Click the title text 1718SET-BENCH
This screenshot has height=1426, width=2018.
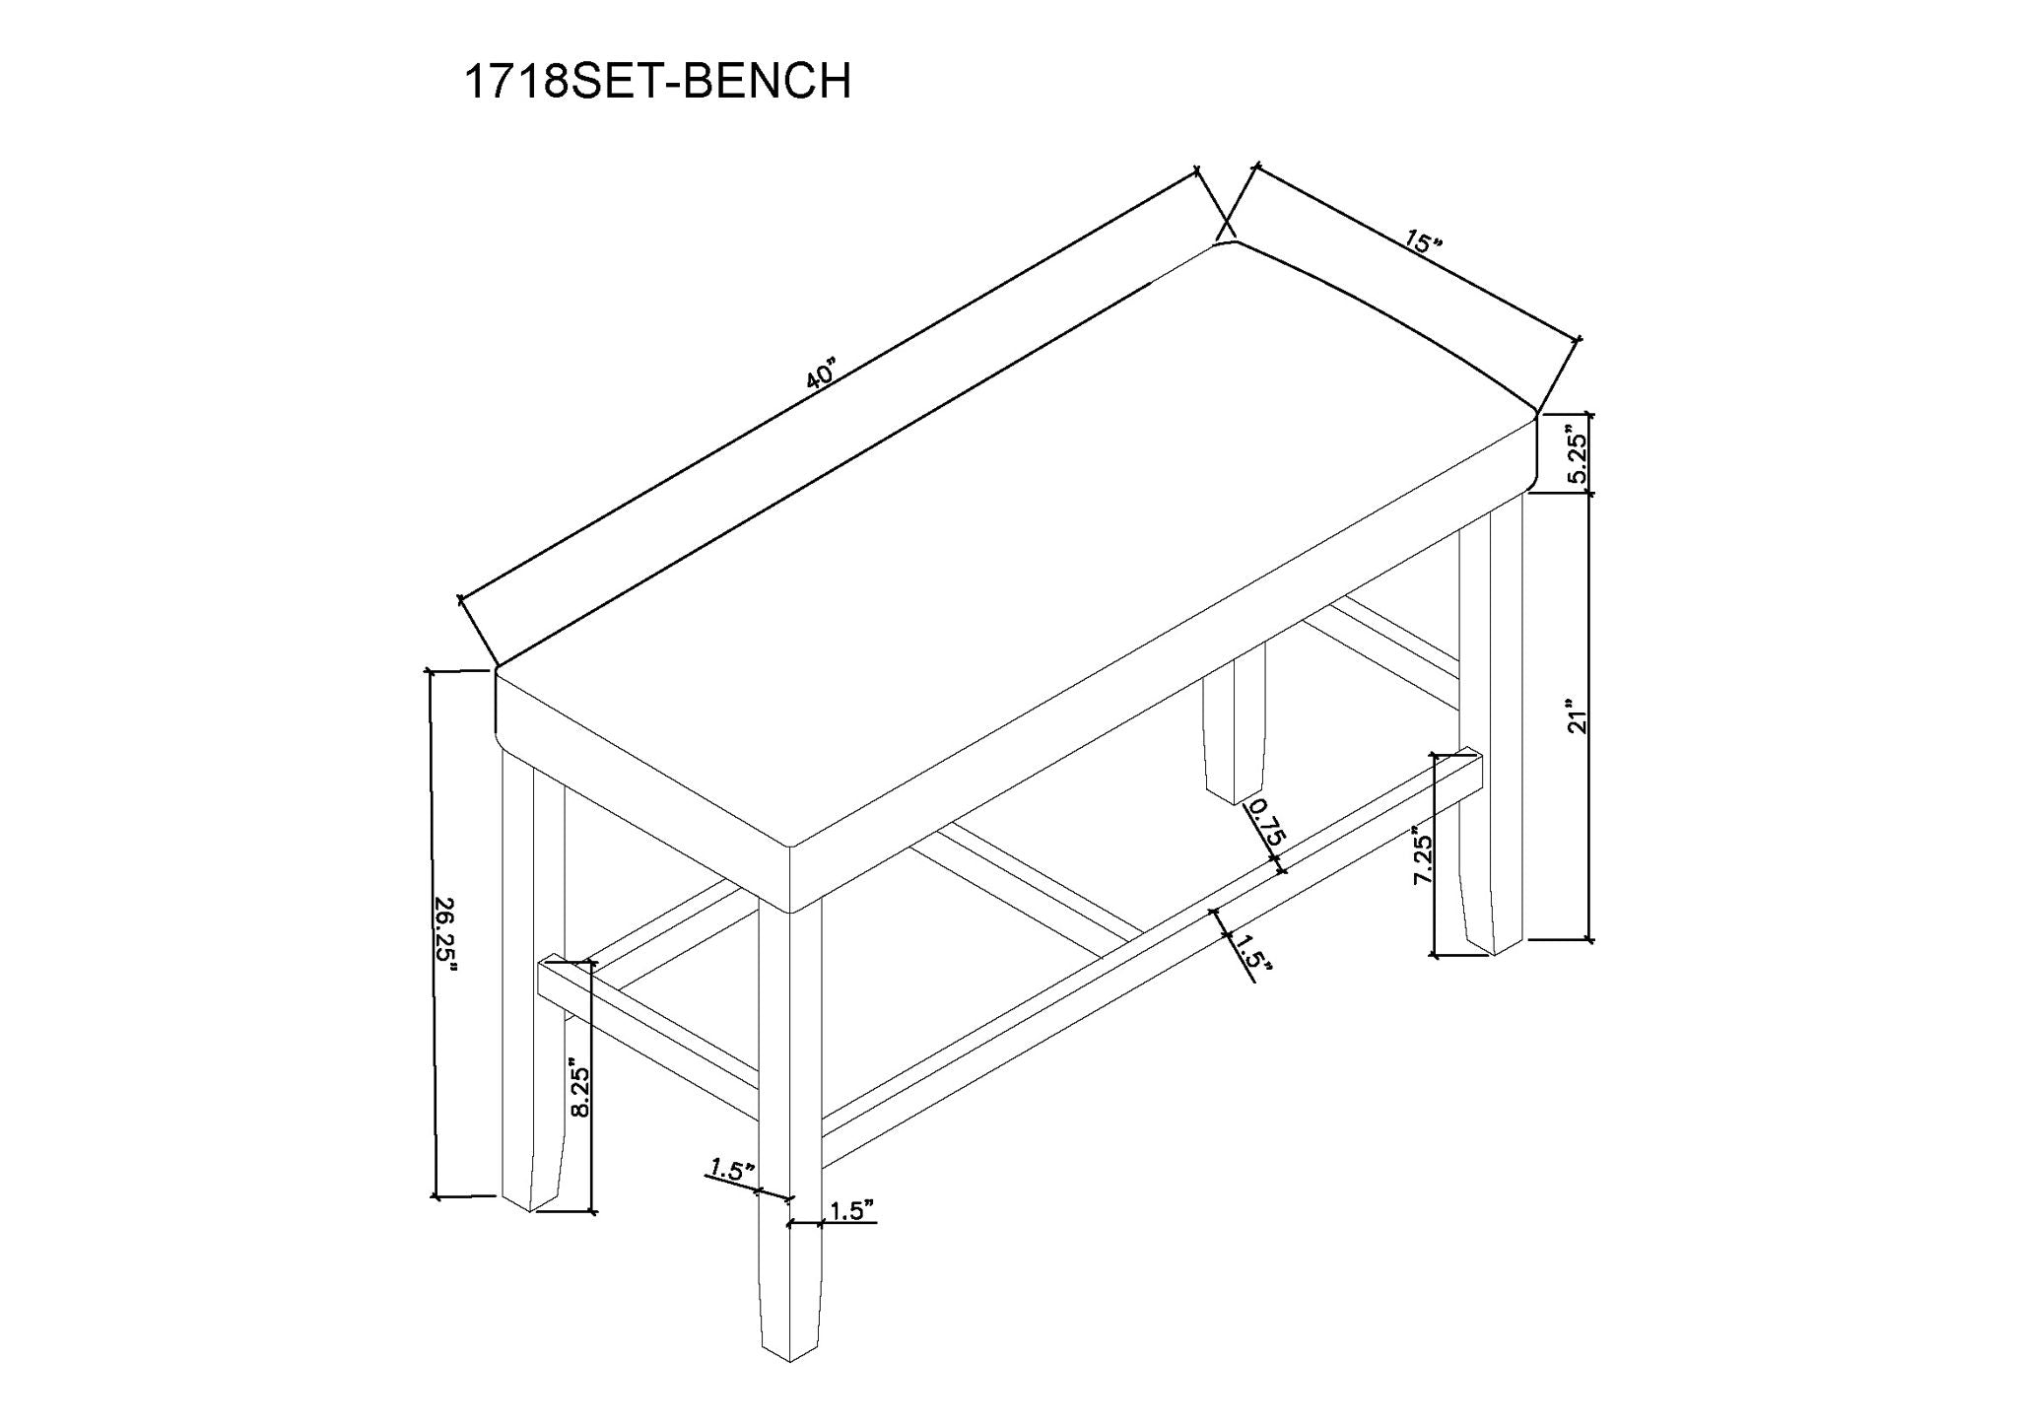(657, 82)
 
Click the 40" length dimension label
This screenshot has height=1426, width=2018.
(820, 377)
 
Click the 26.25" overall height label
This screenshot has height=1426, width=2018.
(448, 933)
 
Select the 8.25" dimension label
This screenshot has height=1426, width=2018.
(580, 1090)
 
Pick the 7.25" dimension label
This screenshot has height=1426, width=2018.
(1422, 854)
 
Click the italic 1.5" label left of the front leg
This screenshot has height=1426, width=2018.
(730, 1170)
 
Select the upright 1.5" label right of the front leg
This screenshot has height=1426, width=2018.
(851, 1211)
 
